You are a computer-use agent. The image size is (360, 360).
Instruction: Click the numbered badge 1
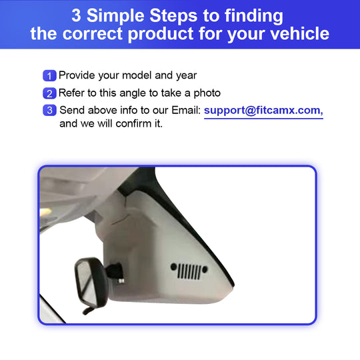coord(49,76)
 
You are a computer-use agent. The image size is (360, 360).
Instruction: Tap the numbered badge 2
coord(49,93)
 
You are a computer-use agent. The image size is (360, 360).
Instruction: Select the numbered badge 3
coord(49,110)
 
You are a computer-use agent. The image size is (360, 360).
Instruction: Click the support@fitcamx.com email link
coord(263,111)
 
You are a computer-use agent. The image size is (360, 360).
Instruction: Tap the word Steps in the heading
coord(173,15)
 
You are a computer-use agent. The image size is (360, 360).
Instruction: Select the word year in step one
coord(186,76)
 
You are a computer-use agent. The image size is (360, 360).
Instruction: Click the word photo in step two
coord(207,93)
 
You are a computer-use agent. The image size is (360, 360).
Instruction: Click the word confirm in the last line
coord(133,123)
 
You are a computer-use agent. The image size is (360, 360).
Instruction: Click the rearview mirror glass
coord(85,284)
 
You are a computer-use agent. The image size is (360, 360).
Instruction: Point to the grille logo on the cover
coord(189,271)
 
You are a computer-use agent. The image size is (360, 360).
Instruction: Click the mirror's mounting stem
coord(115,272)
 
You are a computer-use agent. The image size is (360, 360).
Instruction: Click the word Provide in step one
coord(77,75)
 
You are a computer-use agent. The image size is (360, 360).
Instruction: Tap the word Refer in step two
coord(71,93)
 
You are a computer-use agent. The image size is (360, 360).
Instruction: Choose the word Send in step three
coord(72,110)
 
